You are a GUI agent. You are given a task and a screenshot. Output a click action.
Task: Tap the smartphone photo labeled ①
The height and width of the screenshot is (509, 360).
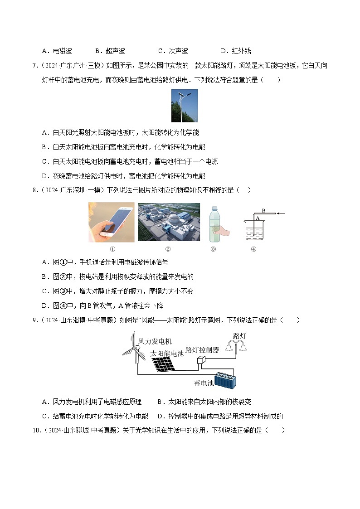(112, 222)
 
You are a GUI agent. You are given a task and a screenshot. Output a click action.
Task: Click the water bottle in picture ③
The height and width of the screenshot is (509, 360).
(215, 223)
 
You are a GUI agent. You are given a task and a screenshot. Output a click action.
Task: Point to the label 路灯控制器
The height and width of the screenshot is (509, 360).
(202, 349)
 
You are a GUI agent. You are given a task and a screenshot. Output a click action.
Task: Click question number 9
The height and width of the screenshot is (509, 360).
(35, 320)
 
